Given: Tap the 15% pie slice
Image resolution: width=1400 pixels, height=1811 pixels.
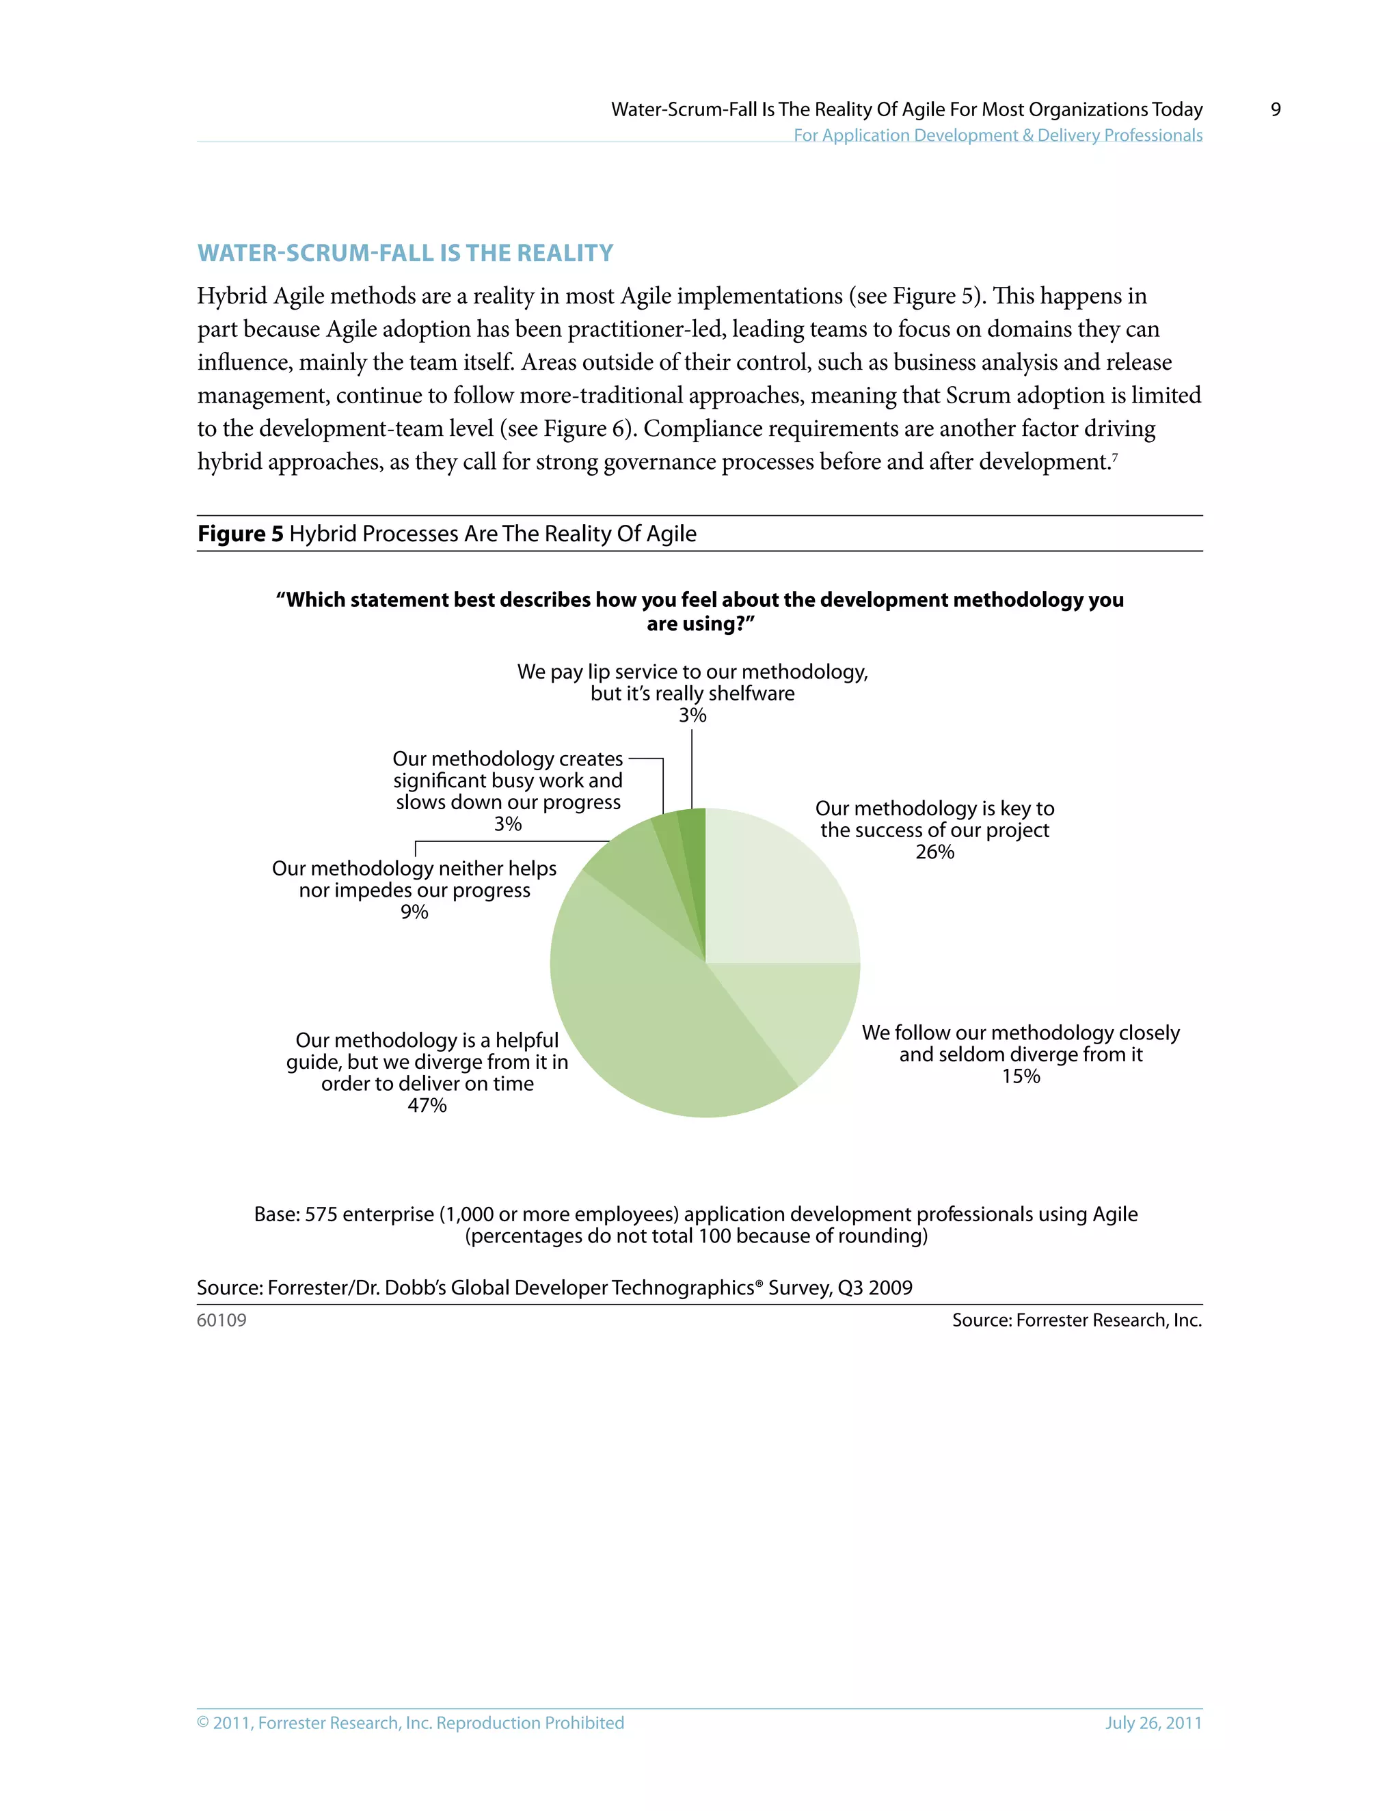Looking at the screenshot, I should [796, 1011].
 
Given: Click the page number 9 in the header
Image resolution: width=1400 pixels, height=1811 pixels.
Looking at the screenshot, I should [1276, 109].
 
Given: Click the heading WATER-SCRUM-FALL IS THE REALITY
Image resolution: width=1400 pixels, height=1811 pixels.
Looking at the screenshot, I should [405, 253].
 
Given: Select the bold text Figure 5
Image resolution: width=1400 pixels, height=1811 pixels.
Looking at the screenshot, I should [240, 533].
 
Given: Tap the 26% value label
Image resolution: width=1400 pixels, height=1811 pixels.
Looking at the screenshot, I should [934, 852].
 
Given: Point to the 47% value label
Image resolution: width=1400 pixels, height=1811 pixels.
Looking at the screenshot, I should [427, 1105].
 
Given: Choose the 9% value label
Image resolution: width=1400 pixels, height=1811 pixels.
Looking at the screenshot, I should [414, 912].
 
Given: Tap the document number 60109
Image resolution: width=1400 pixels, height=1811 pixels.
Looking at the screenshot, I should [221, 1320].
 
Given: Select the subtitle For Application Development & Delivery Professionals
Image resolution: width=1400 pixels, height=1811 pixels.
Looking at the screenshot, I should [998, 135].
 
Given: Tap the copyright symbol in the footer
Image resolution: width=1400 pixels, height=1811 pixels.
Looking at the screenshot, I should [203, 1723].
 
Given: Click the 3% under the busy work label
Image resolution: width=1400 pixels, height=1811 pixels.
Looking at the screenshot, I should [508, 824].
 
